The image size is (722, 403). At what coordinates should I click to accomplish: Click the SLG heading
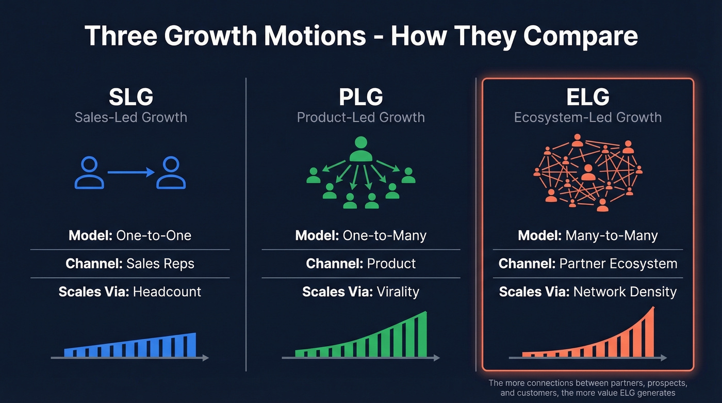click(131, 97)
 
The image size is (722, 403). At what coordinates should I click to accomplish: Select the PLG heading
click(360, 97)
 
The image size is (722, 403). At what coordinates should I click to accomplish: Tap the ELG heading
click(587, 97)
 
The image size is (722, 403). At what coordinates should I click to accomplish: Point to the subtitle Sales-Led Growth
click(131, 117)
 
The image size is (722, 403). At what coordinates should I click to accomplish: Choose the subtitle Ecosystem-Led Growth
click(587, 117)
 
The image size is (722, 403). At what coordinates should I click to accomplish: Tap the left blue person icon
click(89, 173)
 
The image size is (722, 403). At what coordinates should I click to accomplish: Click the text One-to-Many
click(384, 236)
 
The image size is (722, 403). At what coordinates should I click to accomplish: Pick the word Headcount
click(167, 292)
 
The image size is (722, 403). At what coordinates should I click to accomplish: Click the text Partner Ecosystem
click(618, 264)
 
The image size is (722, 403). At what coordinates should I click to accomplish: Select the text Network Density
click(625, 292)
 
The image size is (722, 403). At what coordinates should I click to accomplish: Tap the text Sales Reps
click(160, 264)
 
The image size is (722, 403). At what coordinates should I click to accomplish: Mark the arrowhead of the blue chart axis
click(206, 357)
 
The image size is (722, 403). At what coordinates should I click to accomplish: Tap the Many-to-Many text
click(612, 236)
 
